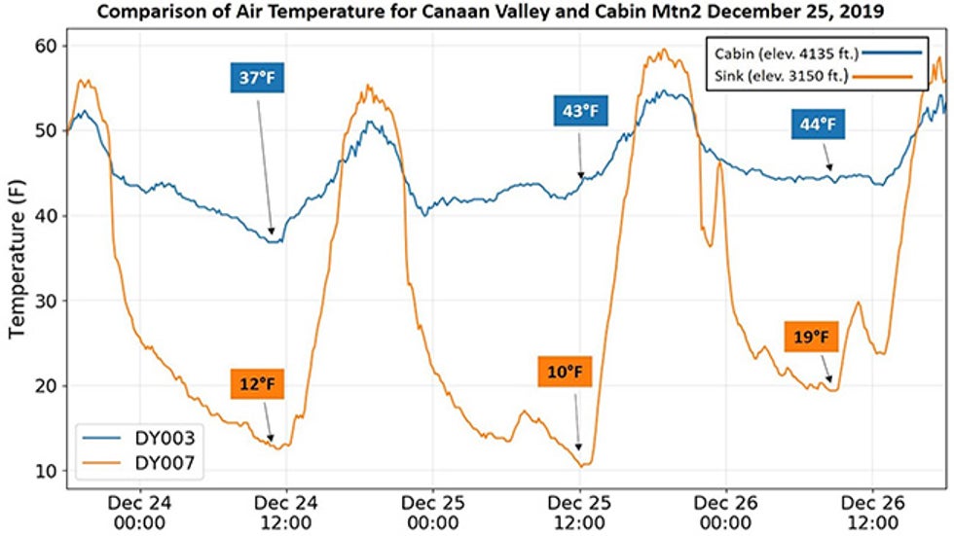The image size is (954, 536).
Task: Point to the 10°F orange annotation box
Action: coord(565,372)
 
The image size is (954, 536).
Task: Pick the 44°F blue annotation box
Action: coord(817,125)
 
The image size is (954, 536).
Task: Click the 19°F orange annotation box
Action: coord(810,338)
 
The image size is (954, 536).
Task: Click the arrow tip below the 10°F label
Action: coord(580,451)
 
